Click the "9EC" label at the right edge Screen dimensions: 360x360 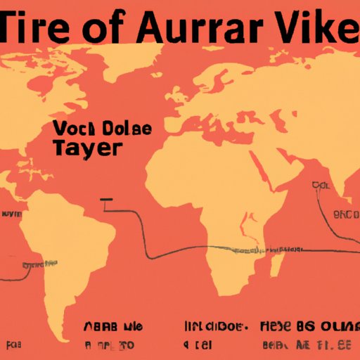347,214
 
